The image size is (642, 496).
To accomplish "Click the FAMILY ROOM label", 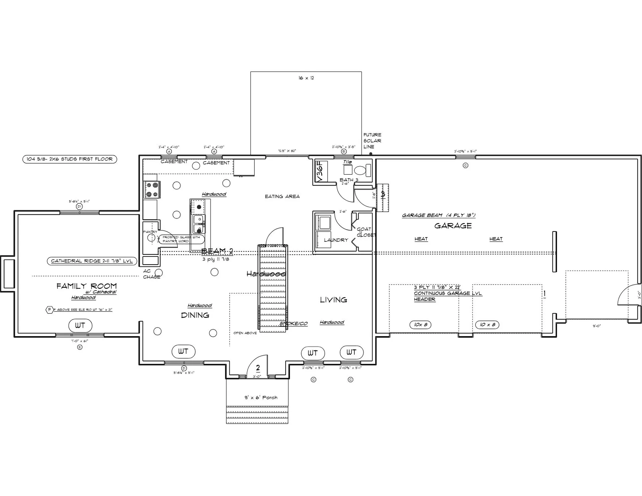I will tap(87, 286).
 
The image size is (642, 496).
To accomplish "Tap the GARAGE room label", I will tap(453, 226).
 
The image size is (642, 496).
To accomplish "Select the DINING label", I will tap(195, 315).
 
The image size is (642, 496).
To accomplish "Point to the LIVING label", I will tap(333, 300).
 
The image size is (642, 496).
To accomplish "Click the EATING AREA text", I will tap(282, 196).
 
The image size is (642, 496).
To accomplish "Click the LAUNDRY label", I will tap(336, 240).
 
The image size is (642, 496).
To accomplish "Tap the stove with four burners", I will tap(152, 189).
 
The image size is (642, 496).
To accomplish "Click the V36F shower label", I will tap(320, 171).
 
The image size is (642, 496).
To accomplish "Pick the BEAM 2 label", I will tap(217, 251).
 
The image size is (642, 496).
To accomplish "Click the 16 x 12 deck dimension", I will tap(306, 78).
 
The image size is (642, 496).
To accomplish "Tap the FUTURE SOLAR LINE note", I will tap(372, 140).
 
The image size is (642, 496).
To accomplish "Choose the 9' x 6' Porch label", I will tap(261, 397).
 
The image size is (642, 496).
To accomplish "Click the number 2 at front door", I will tap(258, 368).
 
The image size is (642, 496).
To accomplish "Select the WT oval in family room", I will tap(80, 325).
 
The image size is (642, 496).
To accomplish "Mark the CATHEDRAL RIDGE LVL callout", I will tap(92, 261).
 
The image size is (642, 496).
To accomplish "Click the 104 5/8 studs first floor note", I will tap(70, 159).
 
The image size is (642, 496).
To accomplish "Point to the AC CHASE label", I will tap(151, 274).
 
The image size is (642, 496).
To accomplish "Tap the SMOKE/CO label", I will tap(294, 323).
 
